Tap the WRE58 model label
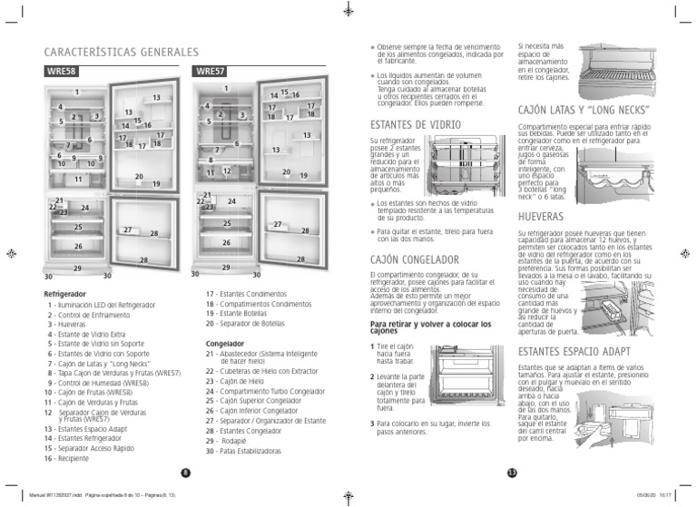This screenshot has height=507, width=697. point(59,70)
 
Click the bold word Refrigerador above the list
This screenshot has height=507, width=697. point(65,295)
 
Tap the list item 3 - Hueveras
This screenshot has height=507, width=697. point(69,324)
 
